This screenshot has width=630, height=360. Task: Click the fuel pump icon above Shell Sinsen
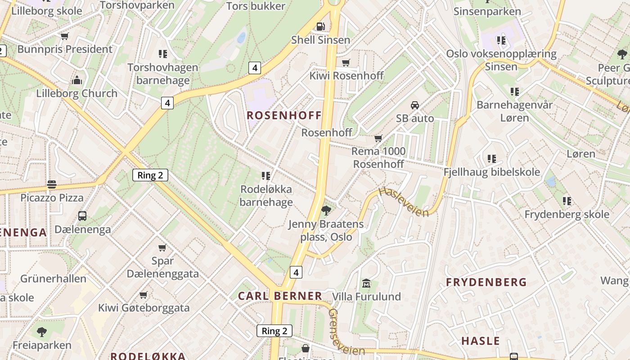tap(320, 27)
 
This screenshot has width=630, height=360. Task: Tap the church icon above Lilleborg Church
tap(77, 81)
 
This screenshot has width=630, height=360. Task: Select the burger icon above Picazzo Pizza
tap(52, 184)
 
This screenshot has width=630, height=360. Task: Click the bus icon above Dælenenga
tap(82, 216)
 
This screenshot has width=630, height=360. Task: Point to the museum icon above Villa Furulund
tap(366, 283)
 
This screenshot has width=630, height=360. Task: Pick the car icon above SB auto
tap(415, 105)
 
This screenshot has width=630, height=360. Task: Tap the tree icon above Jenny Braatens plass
tap(326, 210)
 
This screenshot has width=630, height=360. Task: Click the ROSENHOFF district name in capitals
tap(284, 115)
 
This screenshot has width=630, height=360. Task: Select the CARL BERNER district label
tap(280, 296)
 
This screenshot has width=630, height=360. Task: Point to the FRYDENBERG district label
tap(486, 282)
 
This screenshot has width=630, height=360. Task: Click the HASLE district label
tap(481, 341)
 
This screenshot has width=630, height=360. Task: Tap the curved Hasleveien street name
tap(404, 202)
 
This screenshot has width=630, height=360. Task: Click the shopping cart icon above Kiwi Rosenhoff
tap(346, 63)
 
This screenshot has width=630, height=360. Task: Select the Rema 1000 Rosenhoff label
tap(378, 157)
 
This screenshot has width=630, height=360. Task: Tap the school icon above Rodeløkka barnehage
tap(266, 175)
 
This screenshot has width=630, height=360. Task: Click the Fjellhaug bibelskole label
tap(491, 172)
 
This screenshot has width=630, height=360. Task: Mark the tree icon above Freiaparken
tap(42, 332)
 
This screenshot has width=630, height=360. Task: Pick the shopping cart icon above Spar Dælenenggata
tap(162, 247)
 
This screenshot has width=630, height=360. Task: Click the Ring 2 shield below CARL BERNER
tap(274, 331)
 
